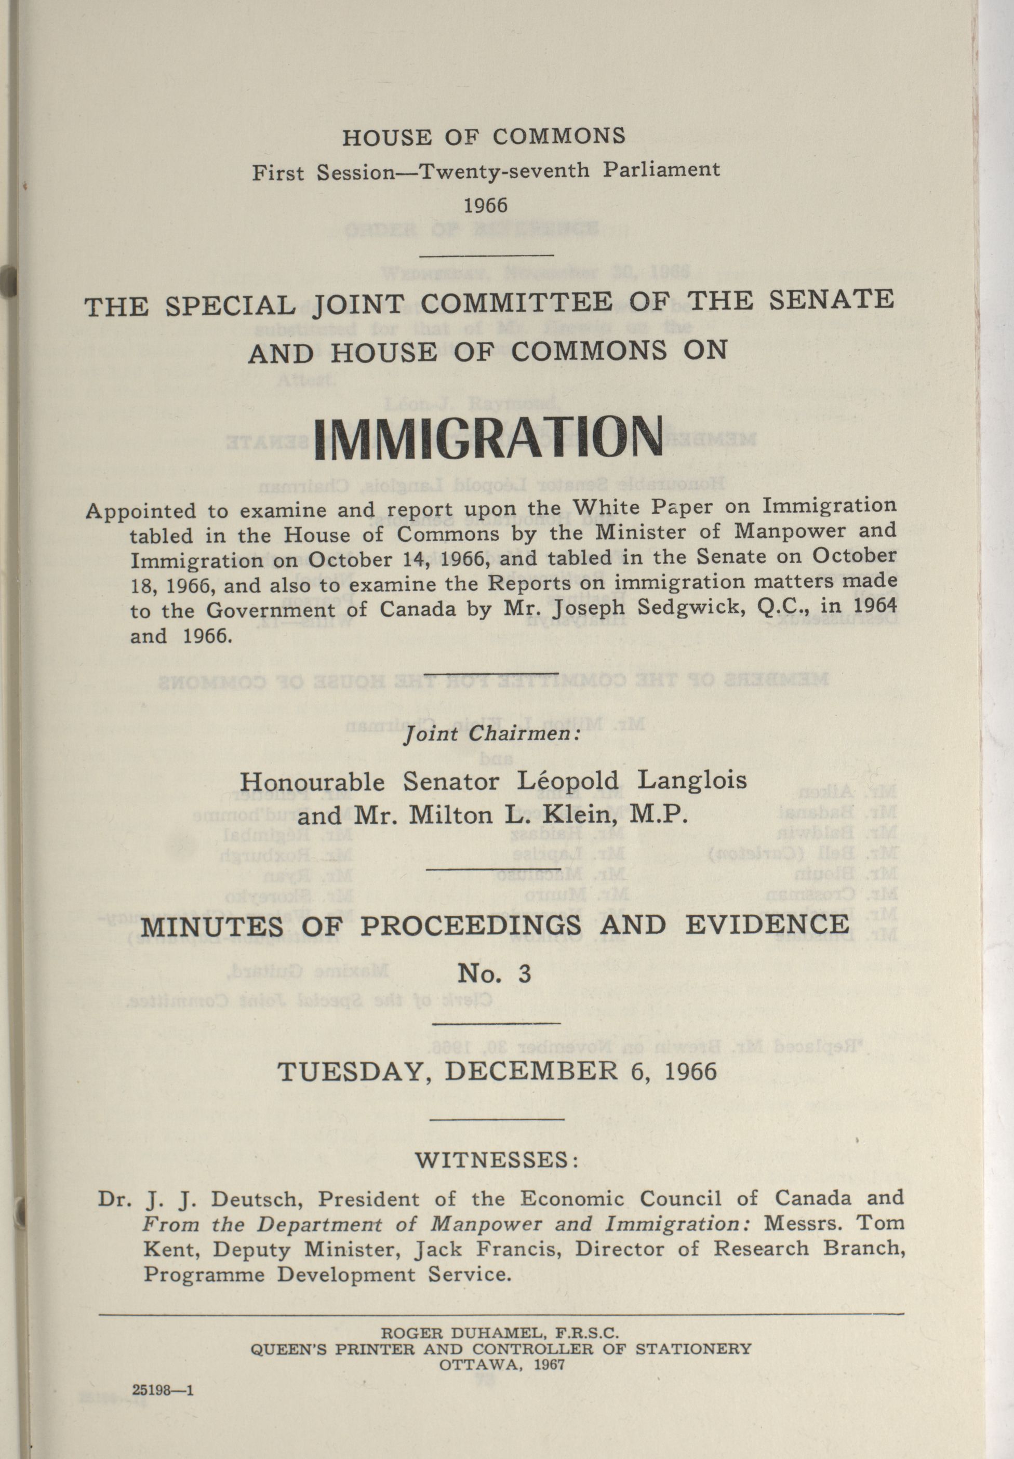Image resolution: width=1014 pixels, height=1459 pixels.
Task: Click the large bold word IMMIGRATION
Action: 488,438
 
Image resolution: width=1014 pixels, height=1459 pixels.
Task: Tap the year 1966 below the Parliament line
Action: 486,206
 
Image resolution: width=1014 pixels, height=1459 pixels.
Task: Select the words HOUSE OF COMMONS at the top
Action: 484,137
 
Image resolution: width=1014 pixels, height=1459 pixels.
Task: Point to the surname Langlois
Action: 692,779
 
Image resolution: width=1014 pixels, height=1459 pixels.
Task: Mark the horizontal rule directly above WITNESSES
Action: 499,1119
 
